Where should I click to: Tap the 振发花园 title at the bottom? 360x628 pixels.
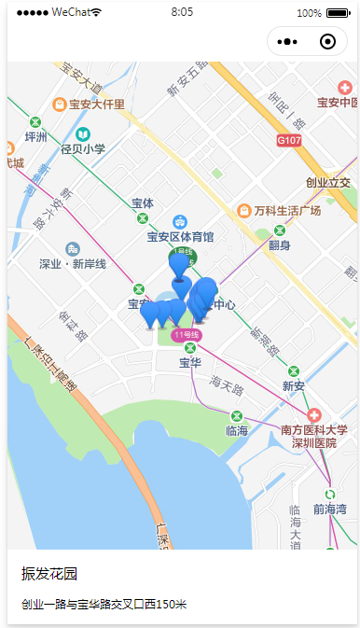tap(48, 573)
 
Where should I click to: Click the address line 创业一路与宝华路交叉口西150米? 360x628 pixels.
tap(104, 605)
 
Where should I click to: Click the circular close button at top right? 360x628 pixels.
tap(327, 42)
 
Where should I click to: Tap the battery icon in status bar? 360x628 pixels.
tap(338, 13)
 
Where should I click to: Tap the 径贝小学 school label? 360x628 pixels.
tap(83, 148)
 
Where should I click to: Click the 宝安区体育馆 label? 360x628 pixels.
tap(180, 237)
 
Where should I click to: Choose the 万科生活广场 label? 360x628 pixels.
tap(286, 211)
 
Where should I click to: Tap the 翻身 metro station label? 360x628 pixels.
tap(280, 245)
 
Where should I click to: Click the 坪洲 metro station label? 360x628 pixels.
tap(35, 136)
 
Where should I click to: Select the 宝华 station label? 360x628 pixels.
tap(189, 362)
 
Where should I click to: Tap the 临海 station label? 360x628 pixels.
tap(237, 430)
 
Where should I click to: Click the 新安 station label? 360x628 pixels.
tap(294, 385)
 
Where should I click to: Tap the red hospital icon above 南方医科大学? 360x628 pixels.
tap(314, 414)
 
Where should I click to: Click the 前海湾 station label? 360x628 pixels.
tap(329, 509)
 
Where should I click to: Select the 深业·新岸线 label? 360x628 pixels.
tap(73, 264)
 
